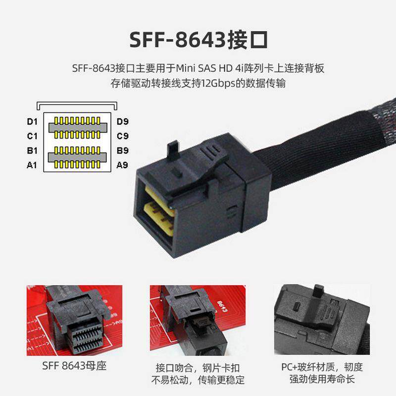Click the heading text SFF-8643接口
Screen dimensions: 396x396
coord(198,40)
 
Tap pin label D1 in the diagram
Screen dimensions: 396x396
coord(33,121)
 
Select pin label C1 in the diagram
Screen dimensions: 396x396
coord(33,136)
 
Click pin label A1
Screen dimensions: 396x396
coord(33,165)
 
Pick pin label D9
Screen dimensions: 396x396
coord(122,121)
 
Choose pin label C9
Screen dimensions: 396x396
coord(122,136)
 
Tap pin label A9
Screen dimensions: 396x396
coord(122,165)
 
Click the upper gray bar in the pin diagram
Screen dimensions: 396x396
coord(77,128)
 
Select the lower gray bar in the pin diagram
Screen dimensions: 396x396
coord(77,157)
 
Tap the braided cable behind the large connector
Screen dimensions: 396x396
coord(322,144)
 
